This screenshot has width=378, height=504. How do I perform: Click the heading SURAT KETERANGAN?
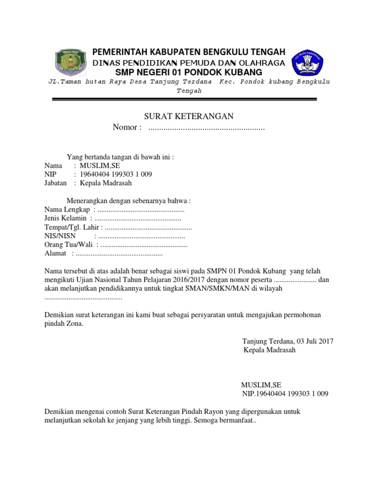[x=188, y=116]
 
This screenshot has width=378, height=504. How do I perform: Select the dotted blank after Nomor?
[x=206, y=128]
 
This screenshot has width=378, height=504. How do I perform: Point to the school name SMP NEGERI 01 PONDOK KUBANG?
[x=189, y=73]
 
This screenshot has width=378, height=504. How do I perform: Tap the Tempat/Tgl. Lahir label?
[x=72, y=227]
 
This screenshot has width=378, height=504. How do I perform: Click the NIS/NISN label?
[x=57, y=236]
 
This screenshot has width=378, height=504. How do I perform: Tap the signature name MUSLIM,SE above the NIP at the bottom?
[x=261, y=385]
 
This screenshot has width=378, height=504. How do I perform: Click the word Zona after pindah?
[x=74, y=324]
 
